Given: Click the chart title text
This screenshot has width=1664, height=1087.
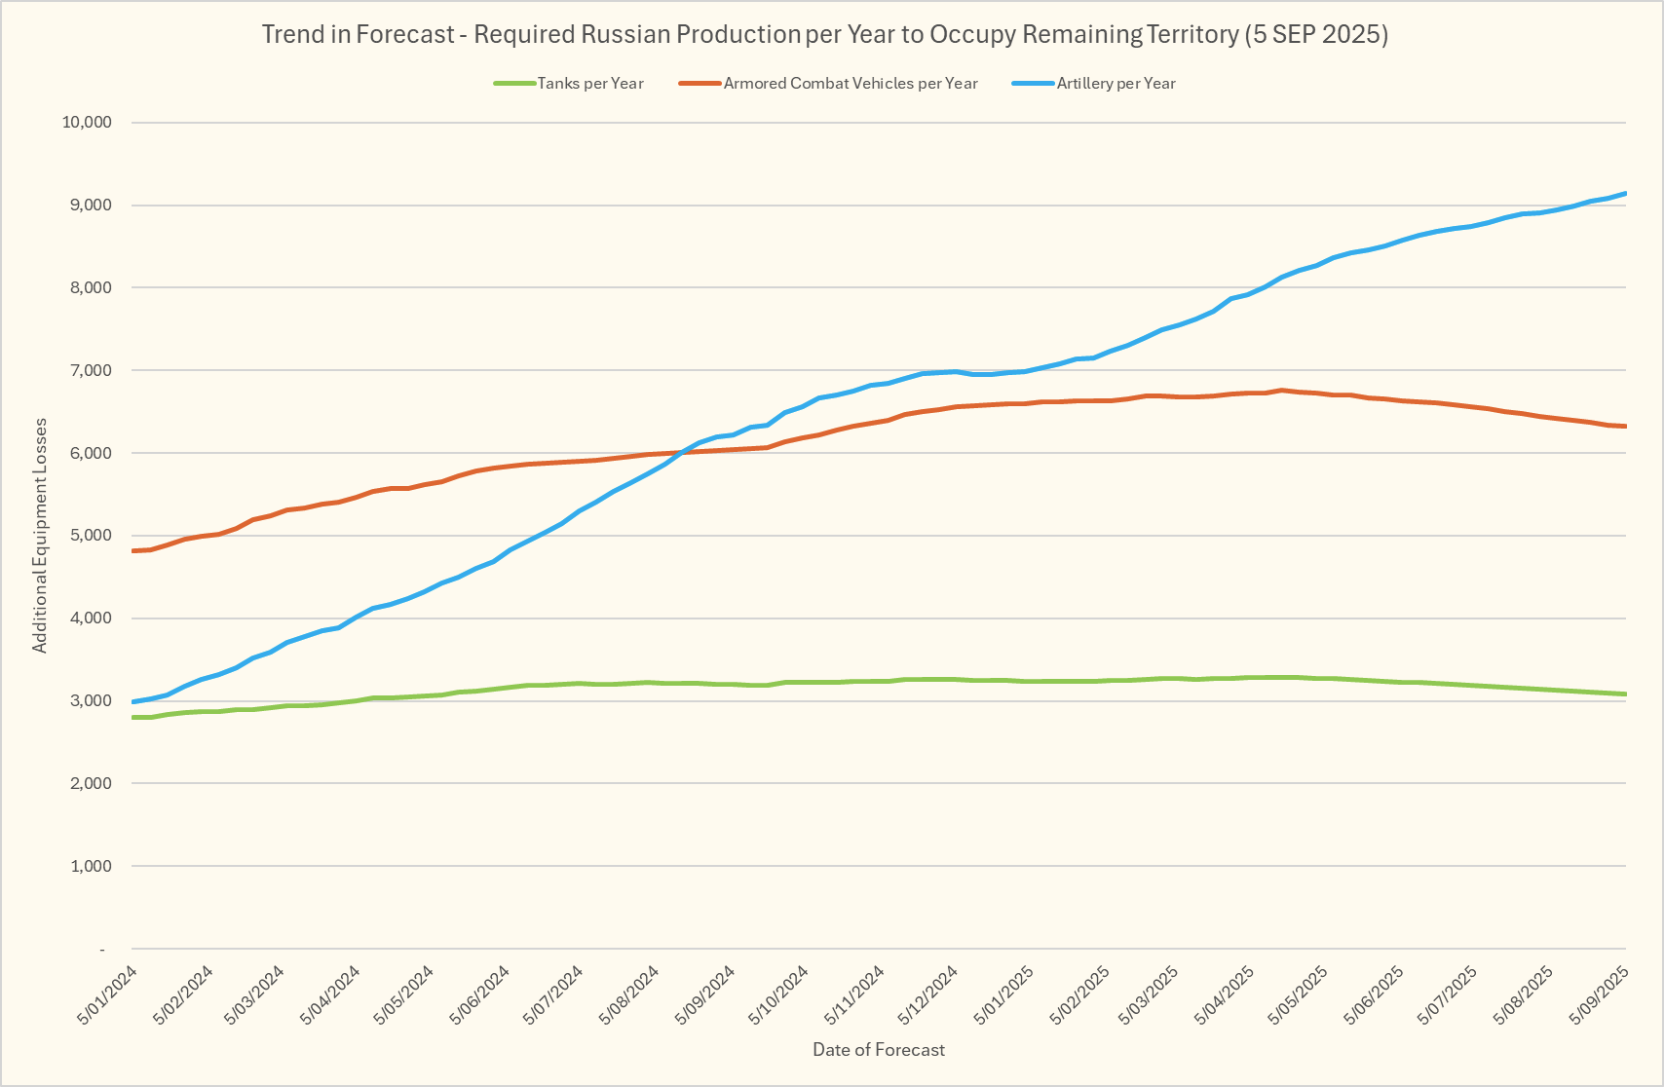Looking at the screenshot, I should coord(824,35).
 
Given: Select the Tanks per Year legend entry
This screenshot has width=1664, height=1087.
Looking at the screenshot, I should coord(589,84).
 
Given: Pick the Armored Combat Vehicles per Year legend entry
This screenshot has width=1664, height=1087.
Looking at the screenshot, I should coord(850,84).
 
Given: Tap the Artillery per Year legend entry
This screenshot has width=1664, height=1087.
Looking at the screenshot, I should coord(1116,84).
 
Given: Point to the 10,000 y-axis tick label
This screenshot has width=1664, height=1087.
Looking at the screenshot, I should coord(87,123).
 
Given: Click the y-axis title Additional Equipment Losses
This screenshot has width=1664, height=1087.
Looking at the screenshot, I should coord(40,535).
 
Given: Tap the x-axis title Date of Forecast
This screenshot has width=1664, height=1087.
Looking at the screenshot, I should coord(879,1050).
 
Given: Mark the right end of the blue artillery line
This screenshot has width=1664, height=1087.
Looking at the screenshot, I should coord(1625,194).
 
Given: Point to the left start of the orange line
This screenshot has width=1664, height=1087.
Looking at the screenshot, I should coord(132,551).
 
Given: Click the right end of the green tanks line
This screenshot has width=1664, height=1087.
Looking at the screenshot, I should coord(1625,694).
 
